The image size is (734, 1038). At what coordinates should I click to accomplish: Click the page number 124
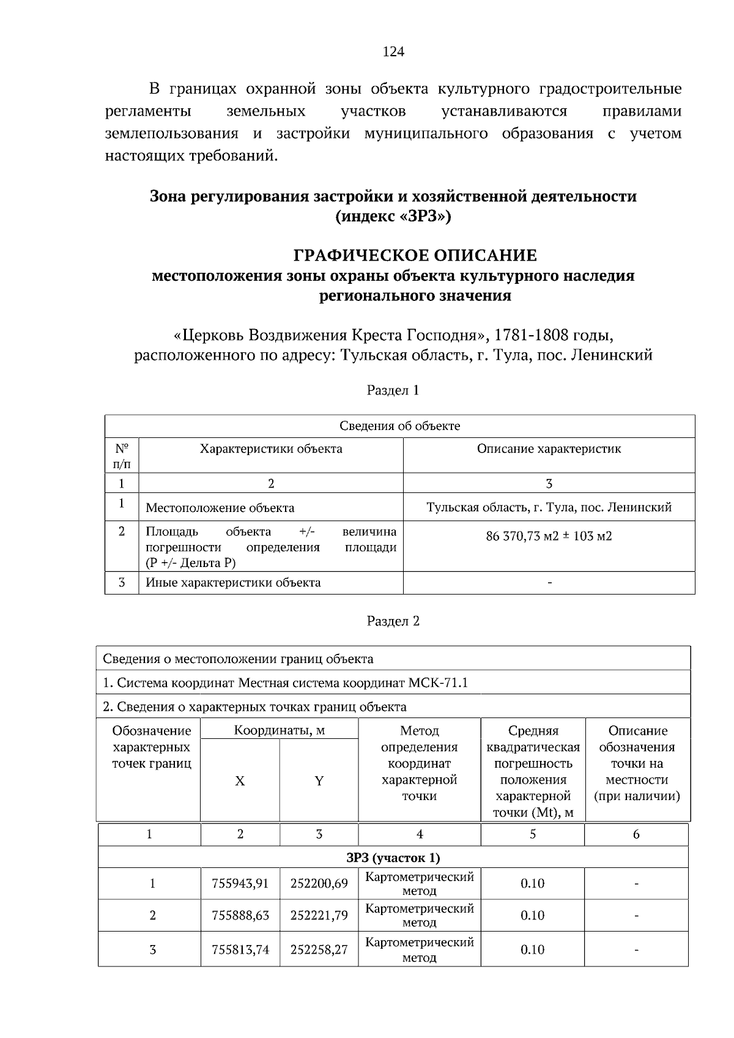pos(393,52)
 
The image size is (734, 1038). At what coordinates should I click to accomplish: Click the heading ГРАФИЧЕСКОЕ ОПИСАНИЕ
pos(415,255)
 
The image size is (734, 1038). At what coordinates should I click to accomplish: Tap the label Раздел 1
pos(393,390)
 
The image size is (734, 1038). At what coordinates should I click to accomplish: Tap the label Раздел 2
pos(393,621)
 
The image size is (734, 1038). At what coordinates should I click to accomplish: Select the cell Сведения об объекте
pos(399,426)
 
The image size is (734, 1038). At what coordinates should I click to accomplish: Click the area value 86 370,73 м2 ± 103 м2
pos(549,536)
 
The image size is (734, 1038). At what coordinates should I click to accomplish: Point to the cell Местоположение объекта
pos(220,508)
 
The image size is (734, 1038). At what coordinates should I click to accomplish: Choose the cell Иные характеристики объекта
pos(233,582)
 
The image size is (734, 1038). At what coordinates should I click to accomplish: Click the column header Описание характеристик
pos(549,449)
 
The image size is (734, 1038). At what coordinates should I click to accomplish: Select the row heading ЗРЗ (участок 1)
pos(393,858)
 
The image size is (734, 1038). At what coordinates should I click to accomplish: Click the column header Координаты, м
pos(279,730)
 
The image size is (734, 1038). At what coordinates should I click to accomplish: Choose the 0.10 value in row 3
pos(532,949)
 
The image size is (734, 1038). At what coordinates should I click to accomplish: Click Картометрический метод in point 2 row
pos(419,915)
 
